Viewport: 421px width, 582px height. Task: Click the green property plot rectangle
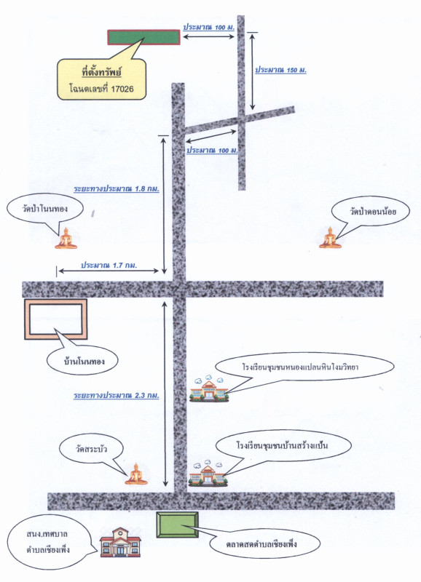[143, 37]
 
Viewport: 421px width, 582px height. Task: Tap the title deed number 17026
[122, 89]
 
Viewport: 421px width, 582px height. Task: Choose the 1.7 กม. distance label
[125, 266]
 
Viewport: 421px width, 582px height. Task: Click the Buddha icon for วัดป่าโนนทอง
[66, 239]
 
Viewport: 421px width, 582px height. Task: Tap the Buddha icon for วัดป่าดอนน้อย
[330, 238]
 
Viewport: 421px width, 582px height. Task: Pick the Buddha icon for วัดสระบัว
[136, 474]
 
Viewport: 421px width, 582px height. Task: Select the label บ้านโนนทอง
[82, 361]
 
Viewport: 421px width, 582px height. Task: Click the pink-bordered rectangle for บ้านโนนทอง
[56, 319]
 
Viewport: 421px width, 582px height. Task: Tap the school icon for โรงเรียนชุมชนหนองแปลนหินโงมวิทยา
[209, 390]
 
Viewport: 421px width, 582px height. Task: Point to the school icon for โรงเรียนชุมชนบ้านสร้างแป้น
[208, 474]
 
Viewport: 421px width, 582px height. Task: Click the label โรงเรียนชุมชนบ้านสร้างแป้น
[282, 445]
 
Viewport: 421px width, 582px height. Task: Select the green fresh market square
[177, 525]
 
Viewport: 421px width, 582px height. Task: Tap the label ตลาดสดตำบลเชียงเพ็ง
[261, 544]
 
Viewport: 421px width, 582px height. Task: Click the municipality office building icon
[120, 542]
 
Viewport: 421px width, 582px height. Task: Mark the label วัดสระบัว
[91, 449]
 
